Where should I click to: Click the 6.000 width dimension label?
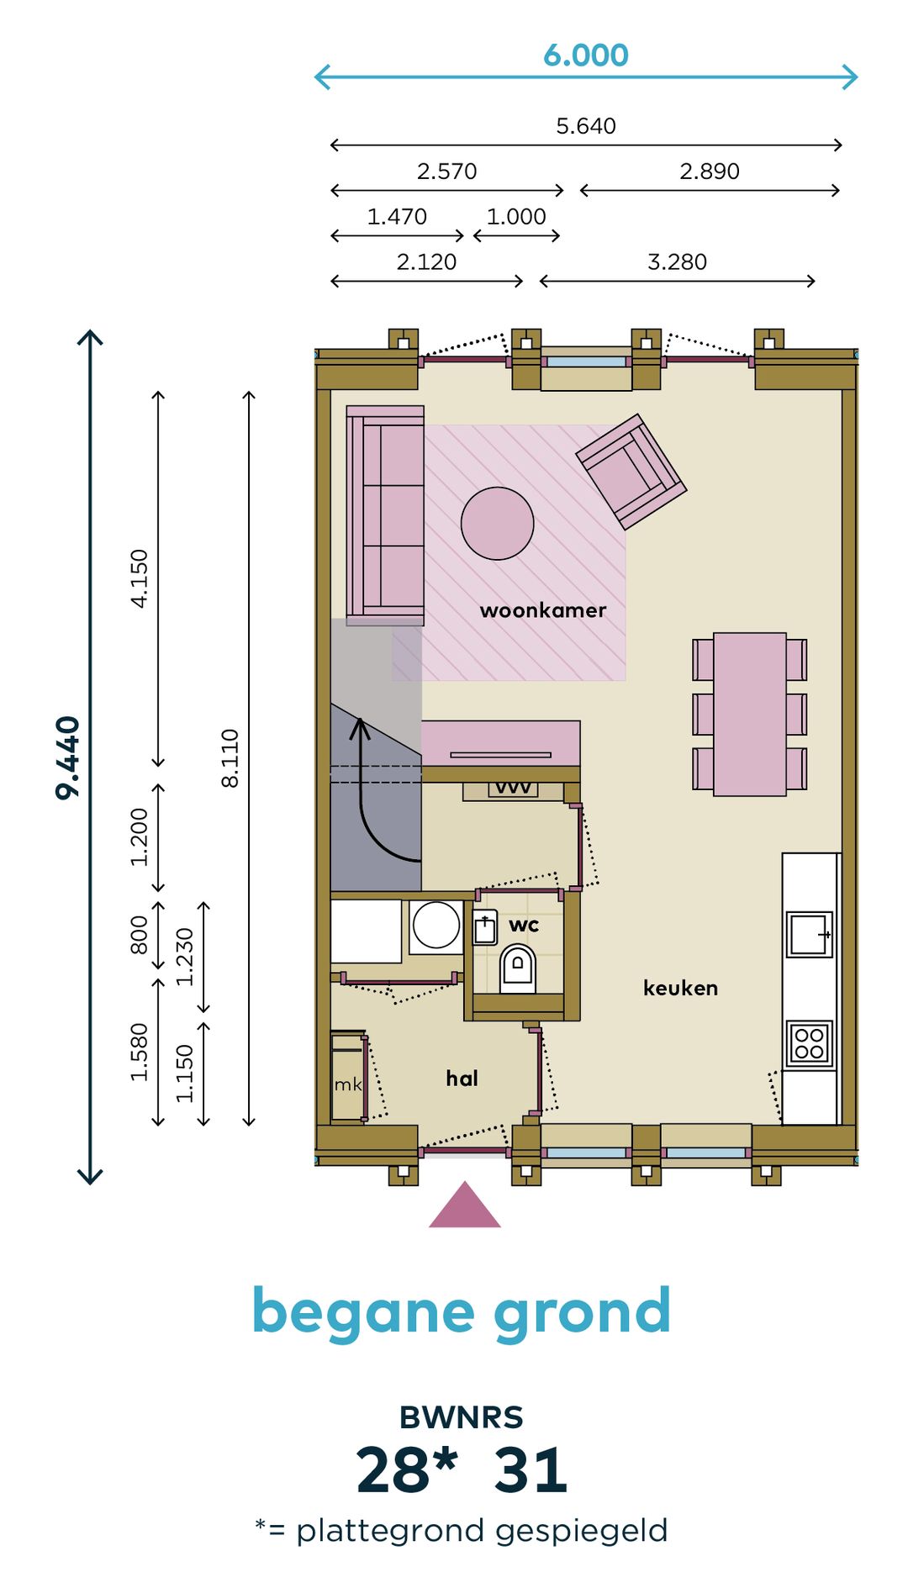coord(586,55)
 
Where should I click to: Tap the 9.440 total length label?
coord(68,757)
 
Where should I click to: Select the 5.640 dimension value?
coord(586,126)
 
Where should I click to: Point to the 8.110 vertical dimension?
coord(230,758)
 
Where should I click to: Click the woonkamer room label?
coord(543,610)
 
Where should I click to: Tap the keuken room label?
coord(680,988)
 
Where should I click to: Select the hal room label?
coord(462,1078)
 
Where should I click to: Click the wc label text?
coord(524,926)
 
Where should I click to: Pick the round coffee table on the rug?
coord(497,524)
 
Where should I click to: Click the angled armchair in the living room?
coord(631,472)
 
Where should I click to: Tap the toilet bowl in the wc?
coord(518,968)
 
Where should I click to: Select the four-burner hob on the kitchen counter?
coord(809,1043)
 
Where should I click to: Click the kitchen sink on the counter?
coord(809,935)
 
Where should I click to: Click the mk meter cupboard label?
coord(348,1084)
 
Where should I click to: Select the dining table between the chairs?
coord(750,715)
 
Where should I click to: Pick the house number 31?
coord(531,1471)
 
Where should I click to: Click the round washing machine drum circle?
coord(436,925)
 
